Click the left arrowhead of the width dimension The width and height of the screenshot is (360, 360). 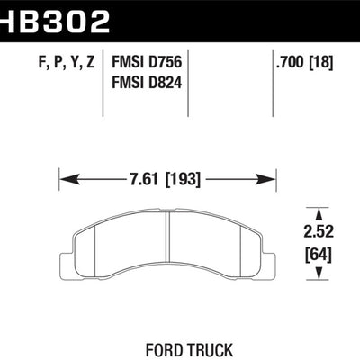(x=64, y=178)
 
